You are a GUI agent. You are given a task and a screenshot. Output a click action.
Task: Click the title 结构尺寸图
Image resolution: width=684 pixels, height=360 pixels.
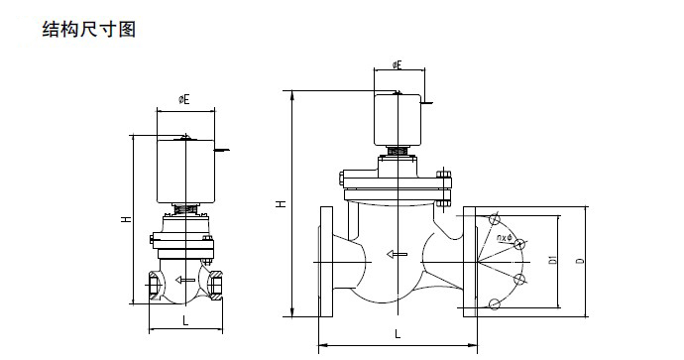(x=89, y=29)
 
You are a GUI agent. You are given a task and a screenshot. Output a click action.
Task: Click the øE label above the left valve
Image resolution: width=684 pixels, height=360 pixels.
(x=184, y=100)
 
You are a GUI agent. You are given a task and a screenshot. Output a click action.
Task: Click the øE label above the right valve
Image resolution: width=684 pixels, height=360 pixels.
(x=397, y=65)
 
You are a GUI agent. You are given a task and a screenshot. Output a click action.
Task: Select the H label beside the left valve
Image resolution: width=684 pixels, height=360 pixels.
(x=126, y=219)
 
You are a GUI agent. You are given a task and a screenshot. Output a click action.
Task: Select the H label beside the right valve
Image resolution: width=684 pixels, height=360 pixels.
(x=283, y=203)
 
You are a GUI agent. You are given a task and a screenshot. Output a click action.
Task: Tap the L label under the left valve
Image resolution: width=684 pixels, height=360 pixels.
(x=185, y=321)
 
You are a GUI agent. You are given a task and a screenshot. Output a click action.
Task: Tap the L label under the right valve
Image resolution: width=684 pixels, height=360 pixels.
(x=398, y=334)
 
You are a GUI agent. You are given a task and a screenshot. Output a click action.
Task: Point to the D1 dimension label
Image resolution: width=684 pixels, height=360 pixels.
(x=553, y=261)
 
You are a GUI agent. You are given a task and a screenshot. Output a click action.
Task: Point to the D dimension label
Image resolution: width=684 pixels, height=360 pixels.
(x=580, y=261)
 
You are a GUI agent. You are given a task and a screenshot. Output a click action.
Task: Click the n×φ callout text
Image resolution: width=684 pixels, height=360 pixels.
(x=505, y=238)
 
